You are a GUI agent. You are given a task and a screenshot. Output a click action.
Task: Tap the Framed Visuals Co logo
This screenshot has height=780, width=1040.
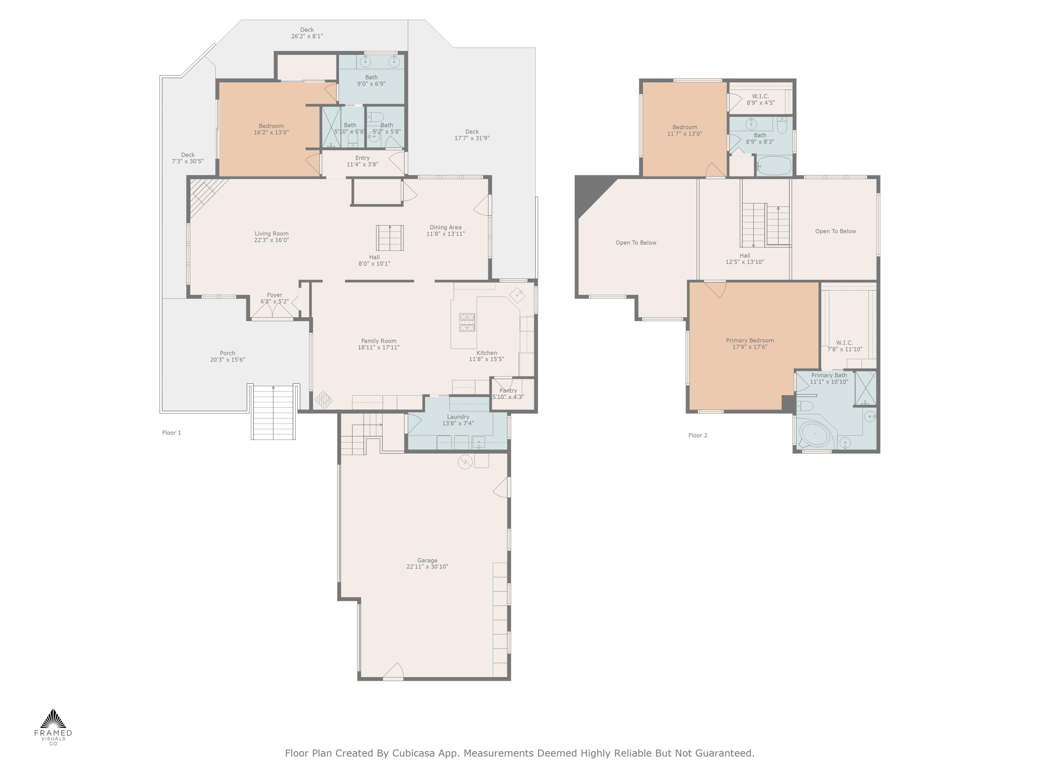pyautogui.click(x=53, y=726)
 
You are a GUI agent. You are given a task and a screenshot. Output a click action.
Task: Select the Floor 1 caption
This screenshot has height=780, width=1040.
pyautogui.click(x=172, y=433)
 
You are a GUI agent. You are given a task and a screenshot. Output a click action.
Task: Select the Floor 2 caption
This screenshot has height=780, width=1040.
pyautogui.click(x=698, y=435)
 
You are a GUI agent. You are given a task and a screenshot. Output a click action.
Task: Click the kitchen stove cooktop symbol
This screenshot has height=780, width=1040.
pyautogui.click(x=467, y=322)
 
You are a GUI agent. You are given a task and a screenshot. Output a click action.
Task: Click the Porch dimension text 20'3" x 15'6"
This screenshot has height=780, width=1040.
pyautogui.click(x=227, y=360)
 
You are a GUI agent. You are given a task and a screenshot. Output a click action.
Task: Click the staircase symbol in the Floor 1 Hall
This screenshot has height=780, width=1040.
pyautogui.click(x=390, y=238)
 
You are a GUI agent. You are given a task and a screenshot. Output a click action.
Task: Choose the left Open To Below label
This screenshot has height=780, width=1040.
pyautogui.click(x=636, y=243)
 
